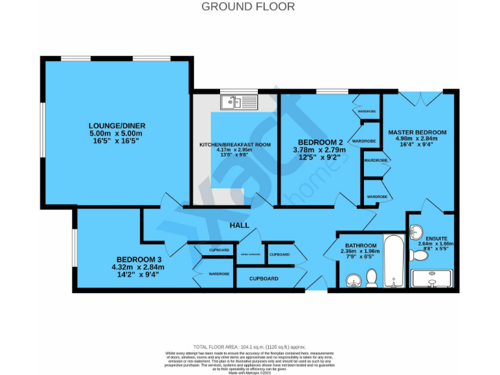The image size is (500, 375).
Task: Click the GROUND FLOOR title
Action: coord(248,7)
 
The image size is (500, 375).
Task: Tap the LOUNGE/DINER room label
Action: coord(117,125)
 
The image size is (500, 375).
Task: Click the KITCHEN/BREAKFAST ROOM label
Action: coord(234,144)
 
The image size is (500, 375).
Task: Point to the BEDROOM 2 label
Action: coord(320,143)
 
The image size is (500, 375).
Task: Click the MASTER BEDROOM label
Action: coord(417,132)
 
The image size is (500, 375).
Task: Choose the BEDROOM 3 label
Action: coord(138,258)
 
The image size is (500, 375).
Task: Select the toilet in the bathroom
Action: coord(372,278)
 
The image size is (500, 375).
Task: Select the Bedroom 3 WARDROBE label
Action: coord(219,274)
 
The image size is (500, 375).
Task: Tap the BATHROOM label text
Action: coord(358,245)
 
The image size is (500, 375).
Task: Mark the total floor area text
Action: coord(249,348)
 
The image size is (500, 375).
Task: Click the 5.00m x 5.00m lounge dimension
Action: coord(117,133)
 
